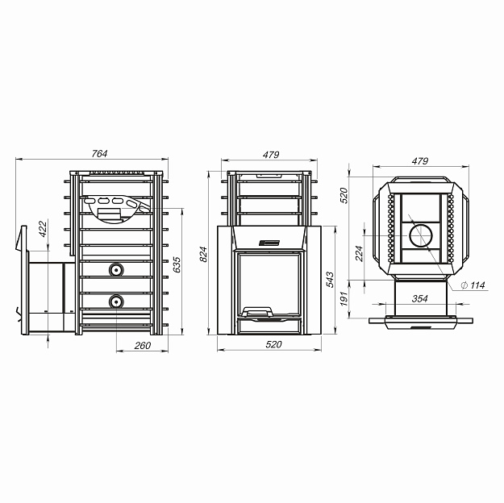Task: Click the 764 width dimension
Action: pyautogui.click(x=99, y=154)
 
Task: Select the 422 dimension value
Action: pyautogui.click(x=43, y=228)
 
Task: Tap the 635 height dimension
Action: pyautogui.click(x=177, y=264)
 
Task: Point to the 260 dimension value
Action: pyautogui.click(x=143, y=346)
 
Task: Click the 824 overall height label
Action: pyautogui.click(x=203, y=254)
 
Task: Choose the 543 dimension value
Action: pyautogui.click(x=330, y=279)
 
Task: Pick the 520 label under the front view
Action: pyautogui.click(x=273, y=344)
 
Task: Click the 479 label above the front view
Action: pyautogui.click(x=271, y=155)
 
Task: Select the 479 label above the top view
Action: pyautogui.click(x=420, y=160)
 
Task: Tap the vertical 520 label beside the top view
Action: pyautogui.click(x=344, y=195)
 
